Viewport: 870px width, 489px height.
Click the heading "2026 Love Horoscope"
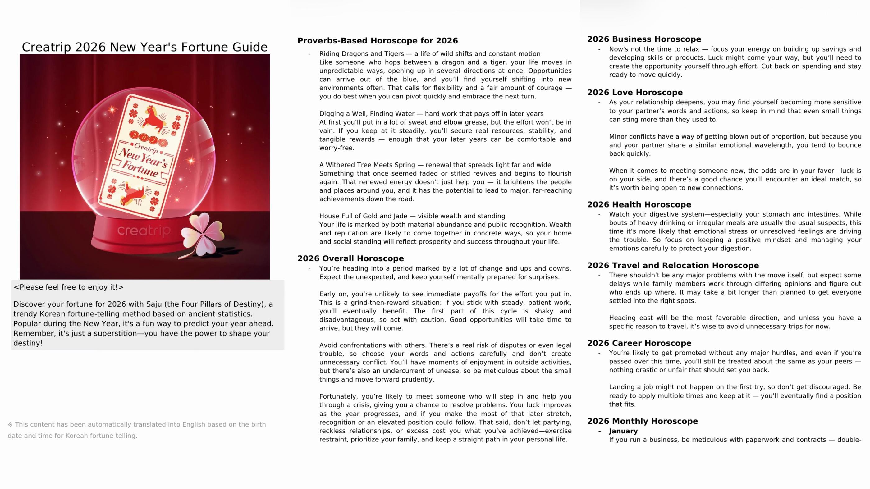point(634,93)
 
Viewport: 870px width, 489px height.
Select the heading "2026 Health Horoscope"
point(639,205)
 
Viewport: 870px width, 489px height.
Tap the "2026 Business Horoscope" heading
point(644,39)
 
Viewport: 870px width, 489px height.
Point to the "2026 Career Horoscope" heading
point(639,343)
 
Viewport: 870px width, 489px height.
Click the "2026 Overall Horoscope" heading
point(350,259)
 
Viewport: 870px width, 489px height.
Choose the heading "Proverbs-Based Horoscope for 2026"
point(378,41)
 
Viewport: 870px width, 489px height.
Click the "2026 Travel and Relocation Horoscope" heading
point(673,265)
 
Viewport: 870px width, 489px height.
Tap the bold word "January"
point(623,431)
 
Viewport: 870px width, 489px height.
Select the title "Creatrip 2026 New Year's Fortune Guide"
point(144,47)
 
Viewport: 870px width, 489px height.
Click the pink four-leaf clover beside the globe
point(203,233)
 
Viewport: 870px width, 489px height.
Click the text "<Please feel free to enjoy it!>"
point(69,287)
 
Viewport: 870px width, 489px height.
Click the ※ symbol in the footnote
point(10,424)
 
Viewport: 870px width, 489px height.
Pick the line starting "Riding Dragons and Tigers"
point(430,54)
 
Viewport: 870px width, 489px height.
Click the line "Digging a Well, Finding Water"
point(431,114)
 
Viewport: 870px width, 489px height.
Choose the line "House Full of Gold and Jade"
point(412,216)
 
